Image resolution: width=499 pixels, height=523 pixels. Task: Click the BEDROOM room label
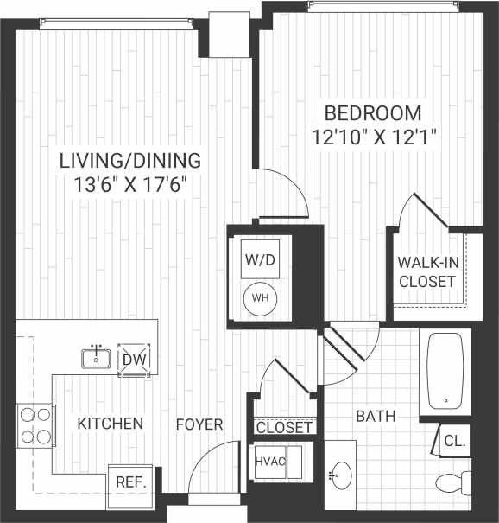pyautogui.click(x=373, y=112)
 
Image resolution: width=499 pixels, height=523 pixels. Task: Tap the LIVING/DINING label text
pyautogui.click(x=130, y=160)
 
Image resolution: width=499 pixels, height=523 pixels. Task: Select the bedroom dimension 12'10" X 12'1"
pyautogui.click(x=373, y=136)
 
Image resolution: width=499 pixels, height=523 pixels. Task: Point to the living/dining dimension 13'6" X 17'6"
pyautogui.click(x=130, y=183)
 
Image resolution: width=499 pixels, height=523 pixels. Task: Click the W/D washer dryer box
pyautogui.click(x=256, y=259)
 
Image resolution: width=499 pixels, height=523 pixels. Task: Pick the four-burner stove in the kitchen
pyautogui.click(x=35, y=425)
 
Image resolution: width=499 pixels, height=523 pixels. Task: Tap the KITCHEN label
pyautogui.click(x=110, y=424)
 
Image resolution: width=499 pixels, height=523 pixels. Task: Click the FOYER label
pyautogui.click(x=199, y=424)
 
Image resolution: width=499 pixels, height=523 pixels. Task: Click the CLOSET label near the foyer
pyautogui.click(x=285, y=428)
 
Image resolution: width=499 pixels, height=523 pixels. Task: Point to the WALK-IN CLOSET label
pyautogui.click(x=426, y=271)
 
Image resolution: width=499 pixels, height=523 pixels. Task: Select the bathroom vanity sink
pyautogui.click(x=339, y=474)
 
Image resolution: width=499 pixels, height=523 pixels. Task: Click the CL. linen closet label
pyautogui.click(x=454, y=441)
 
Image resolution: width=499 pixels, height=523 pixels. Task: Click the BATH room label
pyautogui.click(x=376, y=417)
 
